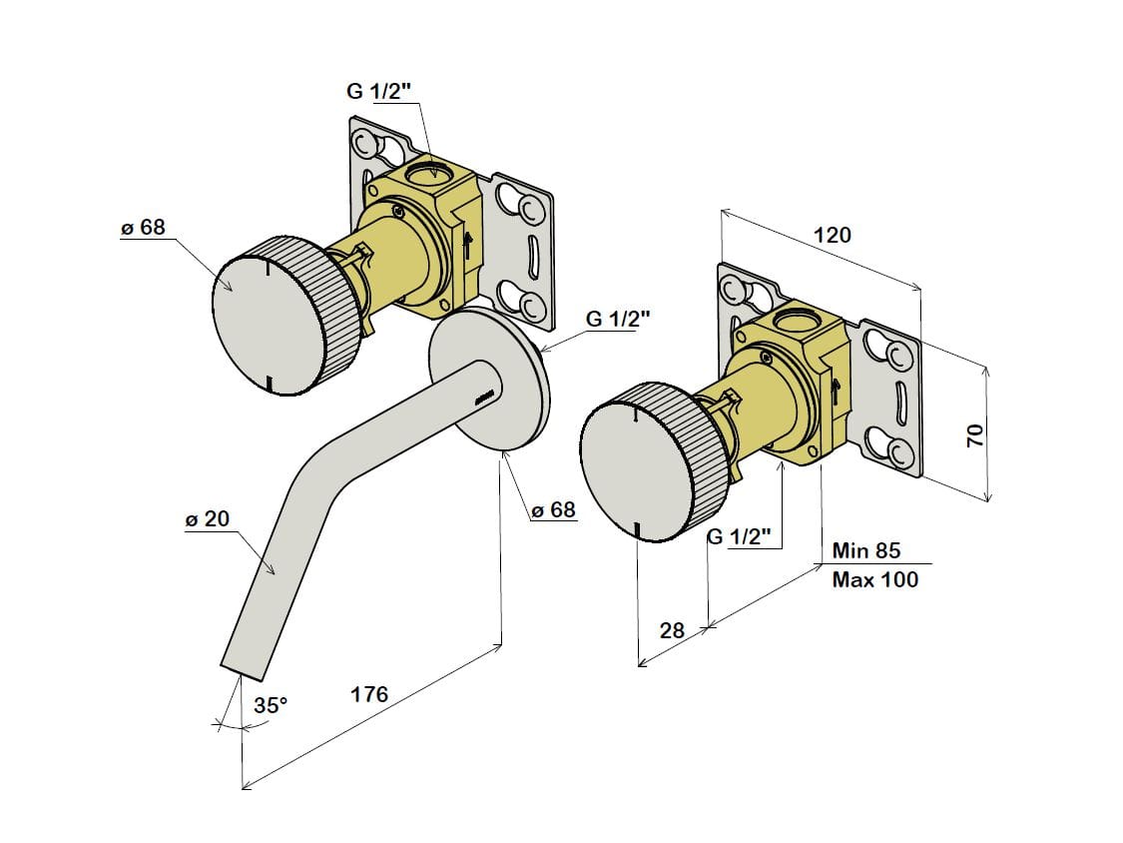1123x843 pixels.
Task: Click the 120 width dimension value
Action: (833, 236)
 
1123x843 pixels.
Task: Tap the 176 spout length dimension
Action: (369, 694)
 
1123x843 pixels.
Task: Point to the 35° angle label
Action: (270, 705)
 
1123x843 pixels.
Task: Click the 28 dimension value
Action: (672, 630)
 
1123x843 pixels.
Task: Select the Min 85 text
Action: (865, 550)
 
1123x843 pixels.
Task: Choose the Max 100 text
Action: (874, 579)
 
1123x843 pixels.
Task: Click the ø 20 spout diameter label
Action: (208, 519)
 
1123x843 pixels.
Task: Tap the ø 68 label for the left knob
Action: (143, 228)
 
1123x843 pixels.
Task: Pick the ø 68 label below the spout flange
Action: (553, 510)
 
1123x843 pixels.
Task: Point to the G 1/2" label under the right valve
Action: (740, 537)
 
